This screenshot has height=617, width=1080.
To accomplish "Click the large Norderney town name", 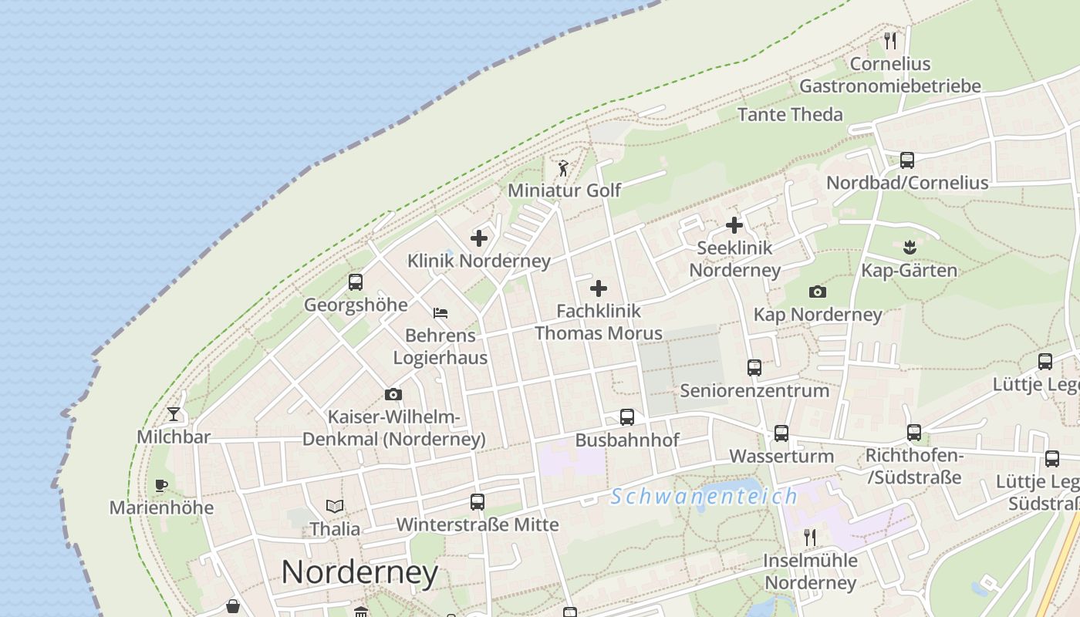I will click(359, 572).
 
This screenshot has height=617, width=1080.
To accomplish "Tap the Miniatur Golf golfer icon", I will click(563, 167).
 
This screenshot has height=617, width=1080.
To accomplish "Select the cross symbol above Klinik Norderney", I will click(479, 238).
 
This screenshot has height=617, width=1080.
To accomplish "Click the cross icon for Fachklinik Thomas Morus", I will click(599, 289).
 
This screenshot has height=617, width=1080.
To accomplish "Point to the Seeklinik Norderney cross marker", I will click(734, 225).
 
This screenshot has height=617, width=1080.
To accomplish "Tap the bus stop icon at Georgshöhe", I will click(355, 282).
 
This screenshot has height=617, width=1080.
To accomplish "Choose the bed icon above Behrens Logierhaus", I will click(440, 313).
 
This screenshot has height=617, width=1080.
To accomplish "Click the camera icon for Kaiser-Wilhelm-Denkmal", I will click(393, 395).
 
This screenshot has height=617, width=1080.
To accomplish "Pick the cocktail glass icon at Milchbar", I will click(174, 414).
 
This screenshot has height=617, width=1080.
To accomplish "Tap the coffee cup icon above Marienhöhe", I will click(160, 485).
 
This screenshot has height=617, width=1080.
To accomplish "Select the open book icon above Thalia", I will click(335, 506).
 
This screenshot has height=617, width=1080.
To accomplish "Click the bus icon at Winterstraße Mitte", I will click(477, 502).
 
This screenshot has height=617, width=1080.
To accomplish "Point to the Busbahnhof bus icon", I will click(627, 417).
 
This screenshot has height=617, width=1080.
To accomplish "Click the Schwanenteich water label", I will click(704, 497).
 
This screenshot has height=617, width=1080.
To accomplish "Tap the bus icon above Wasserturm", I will click(781, 433).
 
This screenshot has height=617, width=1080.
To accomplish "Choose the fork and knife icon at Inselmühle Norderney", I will click(809, 537).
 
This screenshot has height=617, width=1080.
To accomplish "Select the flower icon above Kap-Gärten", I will click(909, 248).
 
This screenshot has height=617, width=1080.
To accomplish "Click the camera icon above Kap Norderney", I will click(818, 292).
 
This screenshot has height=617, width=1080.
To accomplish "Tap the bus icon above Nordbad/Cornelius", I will click(907, 160).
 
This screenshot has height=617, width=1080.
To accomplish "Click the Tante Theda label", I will click(790, 115).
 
